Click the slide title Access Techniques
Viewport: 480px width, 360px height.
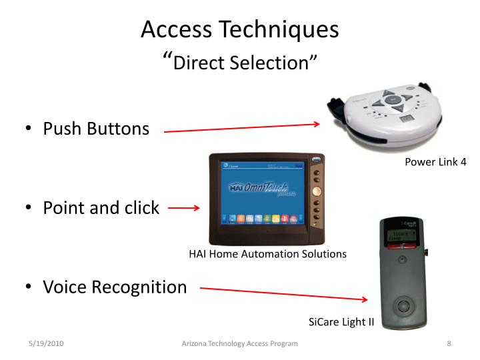click(x=240, y=30)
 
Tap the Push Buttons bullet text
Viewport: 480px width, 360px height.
click(x=96, y=129)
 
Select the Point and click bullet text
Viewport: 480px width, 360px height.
click(x=101, y=208)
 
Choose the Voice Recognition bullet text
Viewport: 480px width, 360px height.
click(x=115, y=288)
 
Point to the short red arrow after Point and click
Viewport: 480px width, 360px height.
click(x=183, y=209)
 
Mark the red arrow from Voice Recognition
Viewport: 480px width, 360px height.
click(x=285, y=295)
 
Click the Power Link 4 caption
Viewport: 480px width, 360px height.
click(x=435, y=162)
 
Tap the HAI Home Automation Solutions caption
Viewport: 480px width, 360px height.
click(x=268, y=254)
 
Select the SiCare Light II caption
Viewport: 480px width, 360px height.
click(x=341, y=323)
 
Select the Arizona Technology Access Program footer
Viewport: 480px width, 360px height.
click(x=240, y=343)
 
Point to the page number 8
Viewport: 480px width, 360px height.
click(x=449, y=343)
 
